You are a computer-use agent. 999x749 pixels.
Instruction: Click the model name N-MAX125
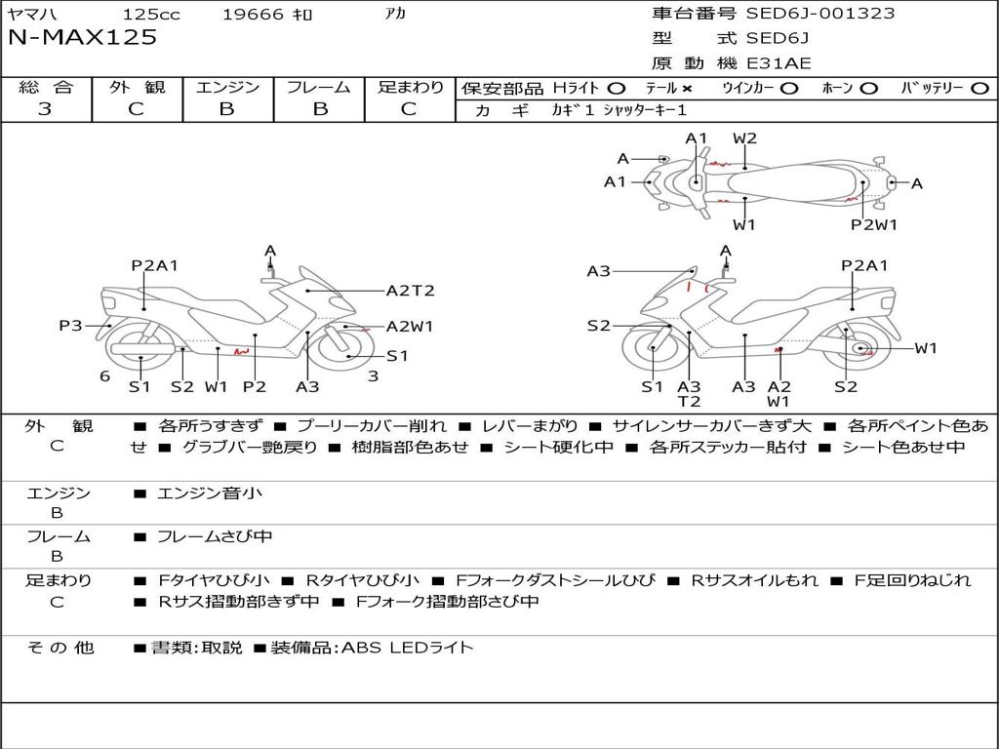(x=82, y=38)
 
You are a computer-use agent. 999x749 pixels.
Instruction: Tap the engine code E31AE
(x=779, y=64)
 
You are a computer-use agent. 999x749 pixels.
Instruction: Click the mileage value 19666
(x=253, y=15)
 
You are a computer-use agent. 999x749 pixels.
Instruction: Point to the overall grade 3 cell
(x=45, y=109)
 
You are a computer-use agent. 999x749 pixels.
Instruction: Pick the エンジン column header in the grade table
(x=227, y=88)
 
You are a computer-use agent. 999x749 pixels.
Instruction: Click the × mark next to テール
(x=687, y=89)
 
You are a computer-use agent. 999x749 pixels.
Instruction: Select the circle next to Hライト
(x=617, y=89)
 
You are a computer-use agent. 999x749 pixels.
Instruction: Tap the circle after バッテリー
(x=979, y=89)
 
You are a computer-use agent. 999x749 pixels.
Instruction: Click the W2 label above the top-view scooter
(x=744, y=138)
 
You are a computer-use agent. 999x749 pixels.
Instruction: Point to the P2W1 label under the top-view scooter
(x=873, y=225)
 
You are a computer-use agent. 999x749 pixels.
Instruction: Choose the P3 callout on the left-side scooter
(x=70, y=326)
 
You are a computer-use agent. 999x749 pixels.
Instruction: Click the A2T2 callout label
(x=410, y=291)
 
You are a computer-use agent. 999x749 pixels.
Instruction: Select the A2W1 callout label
(x=410, y=327)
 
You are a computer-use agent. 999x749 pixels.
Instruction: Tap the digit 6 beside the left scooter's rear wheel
(x=104, y=375)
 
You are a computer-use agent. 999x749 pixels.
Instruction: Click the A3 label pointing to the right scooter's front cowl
(x=598, y=271)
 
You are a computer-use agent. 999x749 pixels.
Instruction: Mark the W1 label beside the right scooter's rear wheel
(x=925, y=348)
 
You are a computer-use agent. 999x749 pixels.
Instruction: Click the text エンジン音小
(x=209, y=493)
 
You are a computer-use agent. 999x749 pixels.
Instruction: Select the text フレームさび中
(x=215, y=536)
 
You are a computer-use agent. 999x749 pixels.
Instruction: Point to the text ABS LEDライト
(x=407, y=647)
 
